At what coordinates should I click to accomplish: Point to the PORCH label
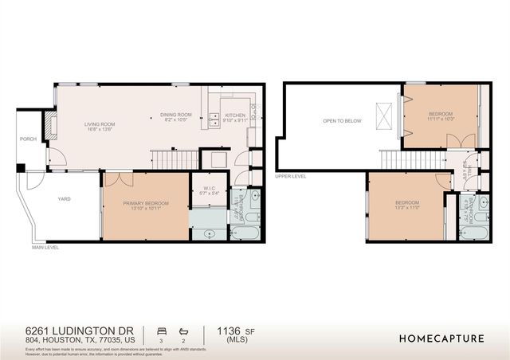pos(29,139)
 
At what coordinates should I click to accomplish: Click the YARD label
pos(64,199)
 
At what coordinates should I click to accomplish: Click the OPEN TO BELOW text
pos(342,121)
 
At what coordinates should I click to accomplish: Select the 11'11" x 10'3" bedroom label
pos(441,116)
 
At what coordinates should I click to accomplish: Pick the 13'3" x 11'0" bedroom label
pos(407,205)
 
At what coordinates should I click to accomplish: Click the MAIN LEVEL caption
pos(45,248)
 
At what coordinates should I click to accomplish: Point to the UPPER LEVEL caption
pos(289,176)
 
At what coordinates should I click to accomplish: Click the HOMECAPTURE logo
pos(441,338)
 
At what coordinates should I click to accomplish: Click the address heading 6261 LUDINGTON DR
pos(80,330)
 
